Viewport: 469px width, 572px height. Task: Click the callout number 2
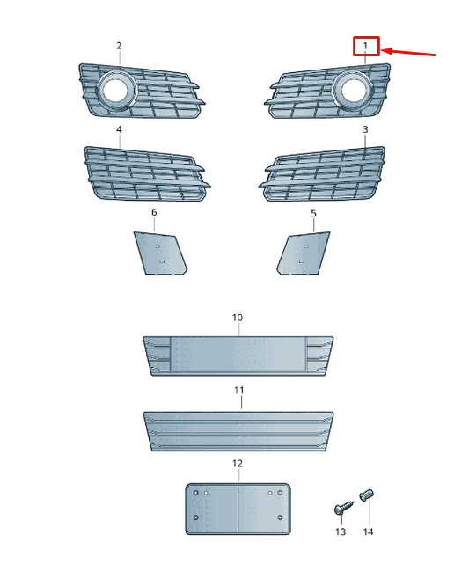119,46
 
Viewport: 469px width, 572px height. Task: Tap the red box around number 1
366,37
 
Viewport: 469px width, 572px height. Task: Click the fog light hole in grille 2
116,90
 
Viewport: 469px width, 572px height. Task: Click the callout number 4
119,129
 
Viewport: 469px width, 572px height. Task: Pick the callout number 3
365,129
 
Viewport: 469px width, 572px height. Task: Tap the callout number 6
154,212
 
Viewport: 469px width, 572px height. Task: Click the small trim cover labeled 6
160,253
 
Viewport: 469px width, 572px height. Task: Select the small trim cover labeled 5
304,253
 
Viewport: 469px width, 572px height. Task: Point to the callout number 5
313,213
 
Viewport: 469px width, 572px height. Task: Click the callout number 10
238,318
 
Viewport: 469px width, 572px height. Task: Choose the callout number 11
238,391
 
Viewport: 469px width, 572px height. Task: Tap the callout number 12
238,463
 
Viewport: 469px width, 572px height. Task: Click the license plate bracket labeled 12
238,509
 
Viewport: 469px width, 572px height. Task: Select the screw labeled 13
343,508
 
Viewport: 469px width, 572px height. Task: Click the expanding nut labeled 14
367,495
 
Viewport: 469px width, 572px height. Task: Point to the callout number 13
341,532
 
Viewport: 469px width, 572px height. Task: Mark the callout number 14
368,532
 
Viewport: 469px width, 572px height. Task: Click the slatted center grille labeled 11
238,431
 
